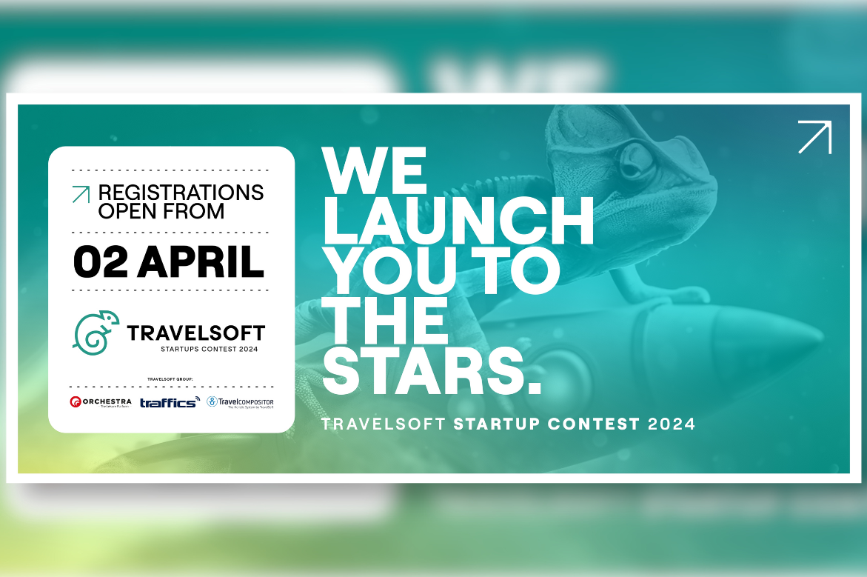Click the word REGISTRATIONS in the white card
[x=181, y=193]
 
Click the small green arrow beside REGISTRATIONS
[x=80, y=194]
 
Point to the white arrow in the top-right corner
[x=814, y=137]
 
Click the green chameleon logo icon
[x=96, y=330]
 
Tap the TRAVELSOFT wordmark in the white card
[x=195, y=333]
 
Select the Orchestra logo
[x=100, y=402]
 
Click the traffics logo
[x=170, y=402]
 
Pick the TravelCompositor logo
[x=240, y=402]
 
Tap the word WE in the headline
[x=375, y=170]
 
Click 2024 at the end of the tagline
[x=672, y=424]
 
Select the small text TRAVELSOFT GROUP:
[x=171, y=379]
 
